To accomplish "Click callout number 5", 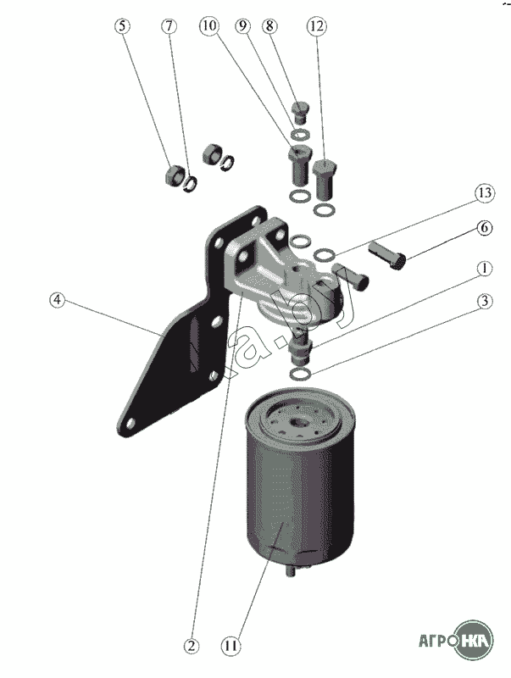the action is pos(124,25).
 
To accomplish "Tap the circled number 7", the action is pos(169,25).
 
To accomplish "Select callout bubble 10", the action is pos(208,26).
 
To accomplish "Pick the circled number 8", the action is pos(271,26).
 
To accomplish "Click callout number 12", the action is pos(316,26).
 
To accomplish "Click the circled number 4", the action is pos(57,299).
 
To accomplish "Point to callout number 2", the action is pos(192,646).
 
